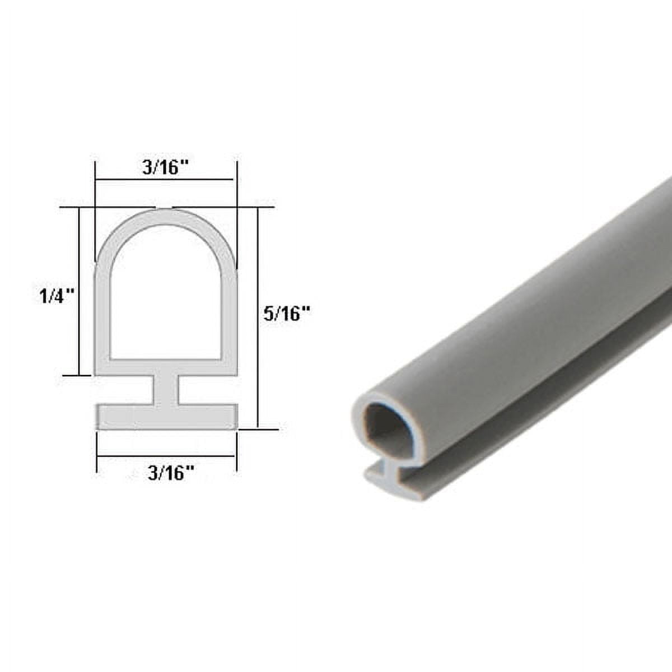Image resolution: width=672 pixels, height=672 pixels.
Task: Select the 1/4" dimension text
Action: click(57, 296)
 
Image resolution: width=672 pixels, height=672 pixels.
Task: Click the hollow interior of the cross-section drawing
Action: click(165, 297)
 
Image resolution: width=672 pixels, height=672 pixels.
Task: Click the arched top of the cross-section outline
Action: click(165, 216)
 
